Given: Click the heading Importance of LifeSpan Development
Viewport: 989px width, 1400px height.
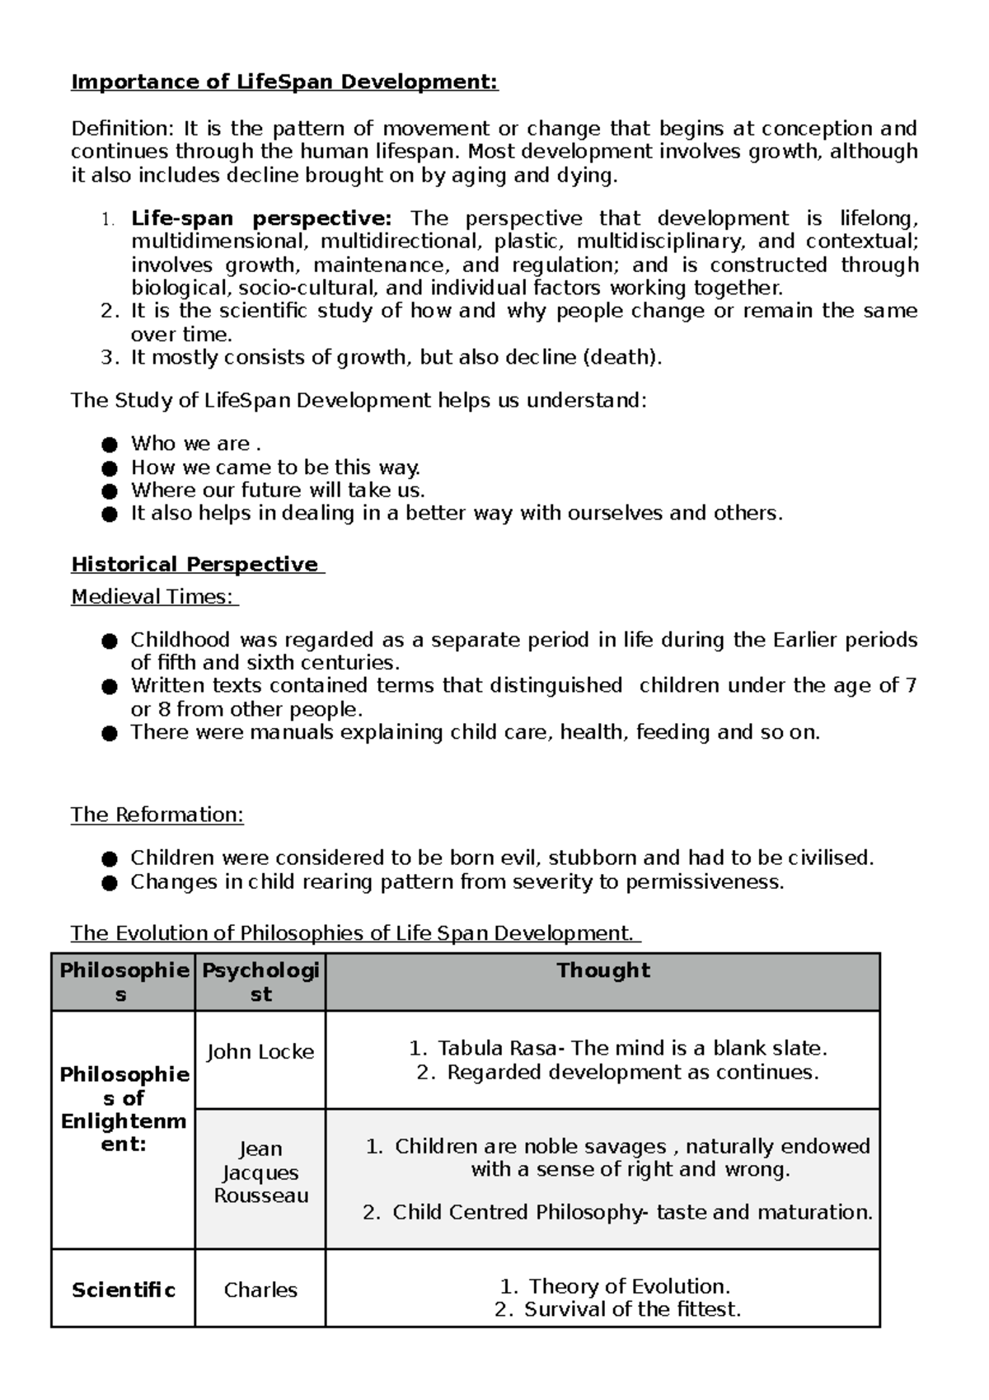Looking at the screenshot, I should coord(284,82).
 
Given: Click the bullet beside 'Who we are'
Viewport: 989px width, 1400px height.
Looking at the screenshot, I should coord(110,445).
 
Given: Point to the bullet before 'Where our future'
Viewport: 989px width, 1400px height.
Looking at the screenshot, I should coord(110,491).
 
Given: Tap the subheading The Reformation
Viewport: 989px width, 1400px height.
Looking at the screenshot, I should coord(157,815).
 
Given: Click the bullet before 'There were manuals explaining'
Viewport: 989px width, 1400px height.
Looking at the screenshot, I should coord(110,734).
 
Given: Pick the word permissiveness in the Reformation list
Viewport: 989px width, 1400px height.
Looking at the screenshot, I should coord(704,882).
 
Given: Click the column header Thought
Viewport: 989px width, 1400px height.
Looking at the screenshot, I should coord(602,970).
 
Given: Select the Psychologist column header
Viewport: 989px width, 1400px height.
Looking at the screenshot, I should coord(260,982).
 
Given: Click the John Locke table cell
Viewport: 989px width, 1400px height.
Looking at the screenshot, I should coord(260,1052).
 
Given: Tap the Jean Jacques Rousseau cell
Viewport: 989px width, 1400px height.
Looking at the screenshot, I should coord(260,1172).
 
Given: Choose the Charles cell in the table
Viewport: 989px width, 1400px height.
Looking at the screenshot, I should coord(260,1290).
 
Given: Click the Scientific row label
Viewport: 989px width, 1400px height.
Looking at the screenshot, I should coord(124,1290).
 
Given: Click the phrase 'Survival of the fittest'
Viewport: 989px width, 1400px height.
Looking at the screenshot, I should coord(632,1309).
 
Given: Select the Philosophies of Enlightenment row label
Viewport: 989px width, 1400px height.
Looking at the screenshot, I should coord(124,1109).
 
